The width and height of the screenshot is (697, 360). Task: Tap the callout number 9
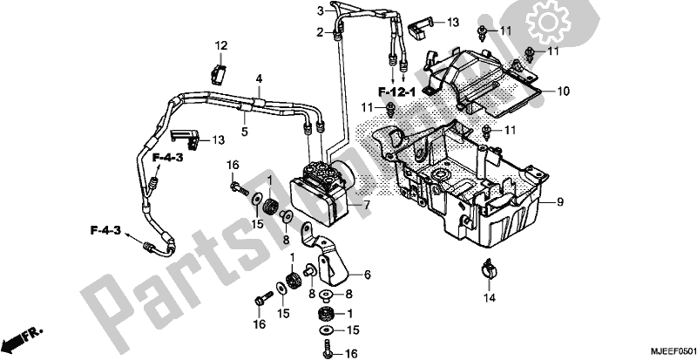pos(561,201)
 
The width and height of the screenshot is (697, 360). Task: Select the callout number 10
pos(563,90)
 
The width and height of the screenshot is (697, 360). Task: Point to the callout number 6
pos(367,275)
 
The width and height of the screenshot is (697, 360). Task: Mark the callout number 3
pos(320,10)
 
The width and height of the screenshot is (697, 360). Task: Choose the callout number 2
pos(320,32)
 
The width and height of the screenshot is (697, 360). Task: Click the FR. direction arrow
pos(22,336)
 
